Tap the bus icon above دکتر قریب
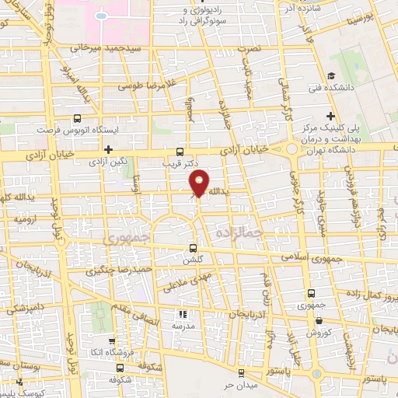tap(180, 152)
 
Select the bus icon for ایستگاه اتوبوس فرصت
tap(76, 118)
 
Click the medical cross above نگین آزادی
tap(108, 149)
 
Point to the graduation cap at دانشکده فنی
tap(331, 76)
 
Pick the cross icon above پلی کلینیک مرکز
tap(331, 115)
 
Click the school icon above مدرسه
tap(184, 314)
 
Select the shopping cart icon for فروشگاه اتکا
tap(112, 340)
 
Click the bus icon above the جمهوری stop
tap(312, 293)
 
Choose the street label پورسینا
tap(362, 17)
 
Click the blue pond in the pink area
tap(101, 14)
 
